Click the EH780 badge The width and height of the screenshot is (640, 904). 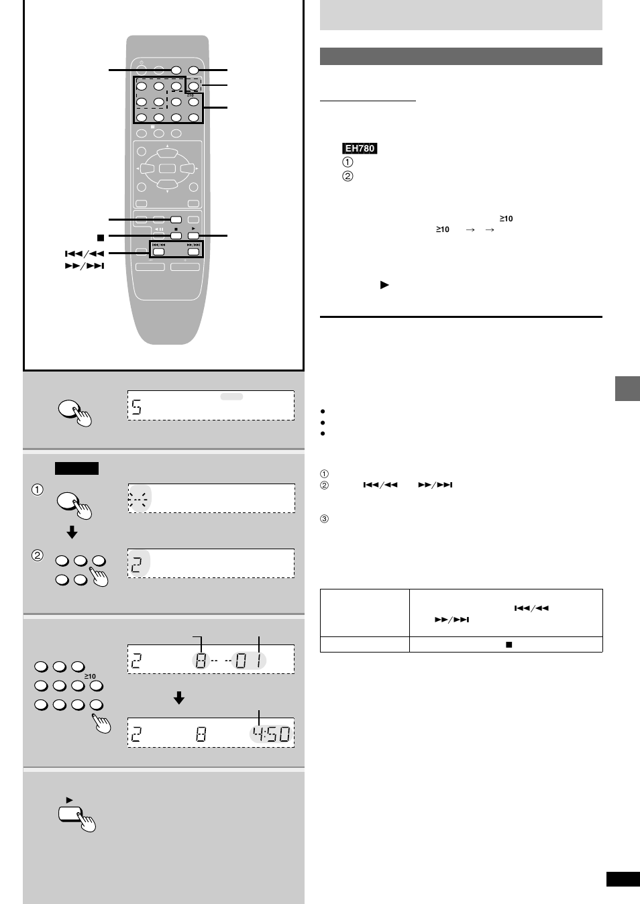[360, 148]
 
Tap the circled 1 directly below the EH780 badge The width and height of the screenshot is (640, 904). [348, 162]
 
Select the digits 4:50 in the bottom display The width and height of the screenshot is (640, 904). [272, 734]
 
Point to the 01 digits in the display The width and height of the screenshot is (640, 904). [249, 661]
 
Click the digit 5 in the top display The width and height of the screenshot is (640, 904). [137, 407]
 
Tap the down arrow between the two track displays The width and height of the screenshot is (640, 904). [179, 698]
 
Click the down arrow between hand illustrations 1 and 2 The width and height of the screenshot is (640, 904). [72, 532]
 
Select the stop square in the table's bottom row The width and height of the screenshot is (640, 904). [509, 644]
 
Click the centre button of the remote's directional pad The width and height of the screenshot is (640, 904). [167, 169]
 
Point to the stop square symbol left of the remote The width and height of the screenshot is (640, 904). [100, 237]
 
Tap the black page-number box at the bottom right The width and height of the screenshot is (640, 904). [623, 879]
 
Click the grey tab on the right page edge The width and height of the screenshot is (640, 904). [627, 389]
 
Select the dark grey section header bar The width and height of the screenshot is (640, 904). [461, 56]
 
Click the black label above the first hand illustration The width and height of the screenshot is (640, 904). [76, 468]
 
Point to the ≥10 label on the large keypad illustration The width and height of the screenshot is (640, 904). [90, 676]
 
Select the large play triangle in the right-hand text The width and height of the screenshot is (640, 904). [384, 285]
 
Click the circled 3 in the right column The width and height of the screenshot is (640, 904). [324, 519]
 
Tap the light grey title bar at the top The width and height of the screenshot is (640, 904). [461, 15]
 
